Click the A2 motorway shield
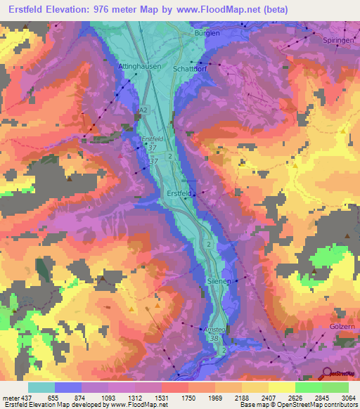(144, 110)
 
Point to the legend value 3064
(340, 398)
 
